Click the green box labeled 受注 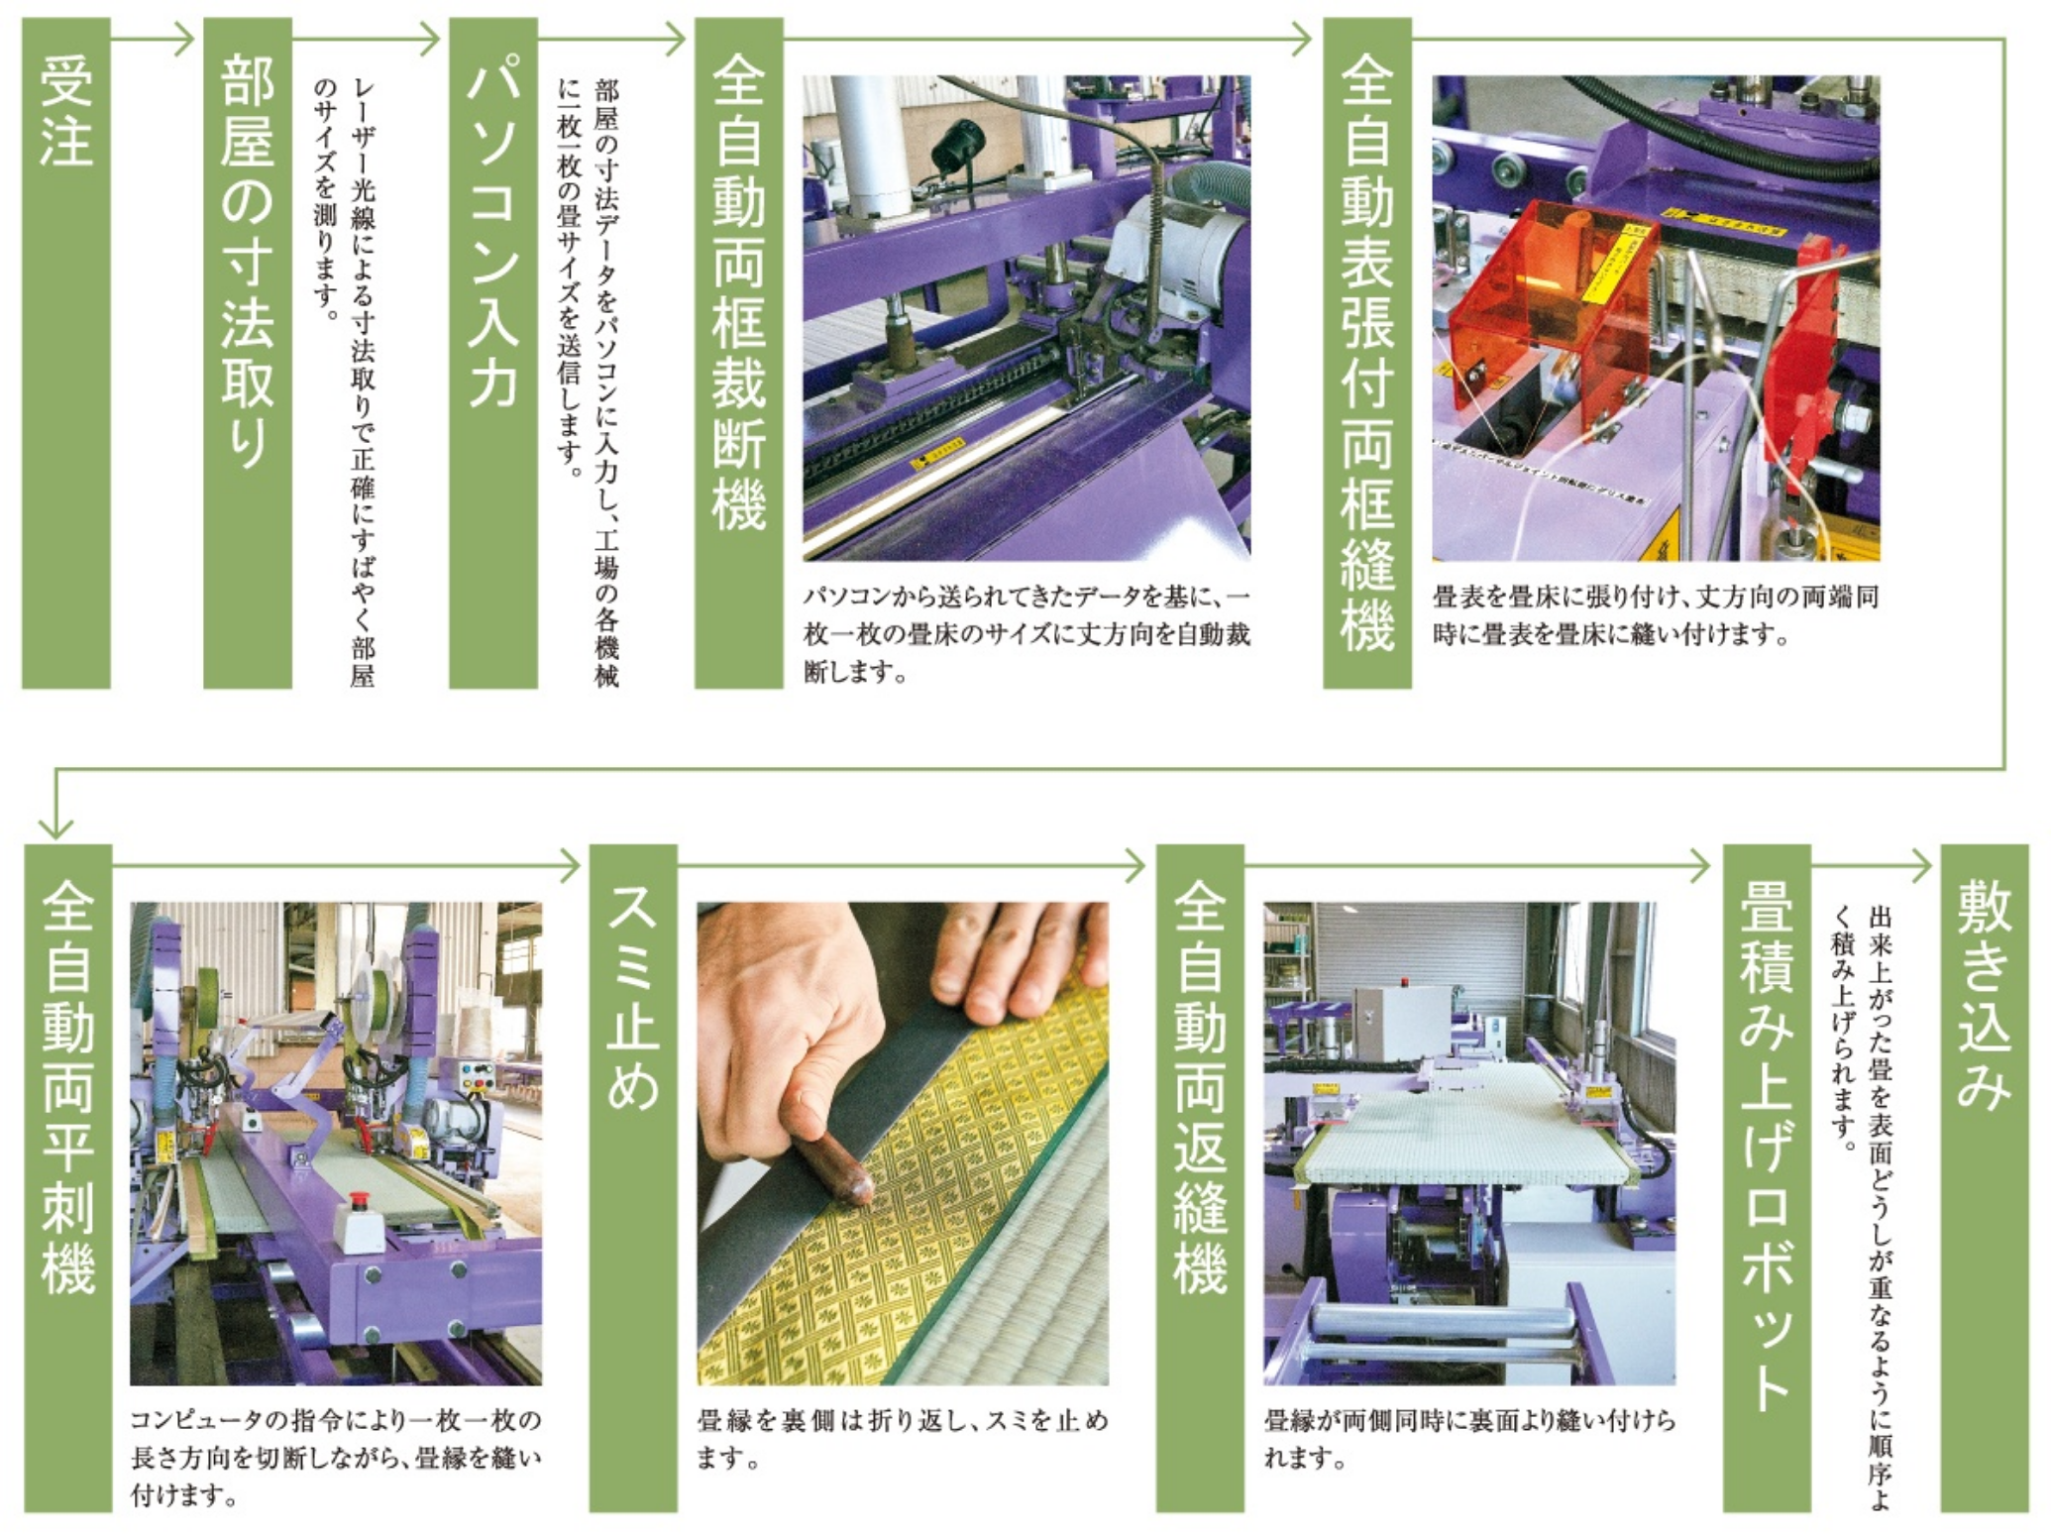tap(65, 353)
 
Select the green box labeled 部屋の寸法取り tap(248, 353)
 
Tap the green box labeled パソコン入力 tap(493, 353)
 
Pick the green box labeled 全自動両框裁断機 tap(739, 353)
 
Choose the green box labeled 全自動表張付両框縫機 tap(1367, 353)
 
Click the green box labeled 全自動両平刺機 tap(68, 1178)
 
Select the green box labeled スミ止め tap(633, 1178)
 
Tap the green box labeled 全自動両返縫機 tap(1200, 1178)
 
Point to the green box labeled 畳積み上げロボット tap(1767, 1178)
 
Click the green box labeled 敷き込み tap(1985, 1178)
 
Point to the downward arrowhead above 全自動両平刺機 tap(56, 827)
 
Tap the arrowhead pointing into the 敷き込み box tap(1922, 866)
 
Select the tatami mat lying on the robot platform tap(1466, 1126)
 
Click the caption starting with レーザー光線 tap(346, 382)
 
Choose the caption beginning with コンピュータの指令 tap(336, 1457)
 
